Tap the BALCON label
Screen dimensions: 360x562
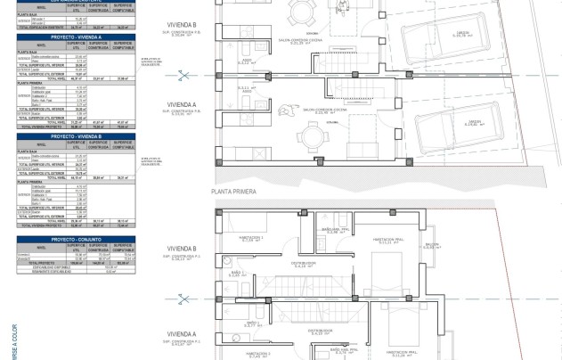coord(432,245)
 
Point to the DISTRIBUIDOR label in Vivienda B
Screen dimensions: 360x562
coord(304,264)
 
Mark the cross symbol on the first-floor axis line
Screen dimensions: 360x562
coord(183,299)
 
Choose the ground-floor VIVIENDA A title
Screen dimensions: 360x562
coord(182,104)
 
